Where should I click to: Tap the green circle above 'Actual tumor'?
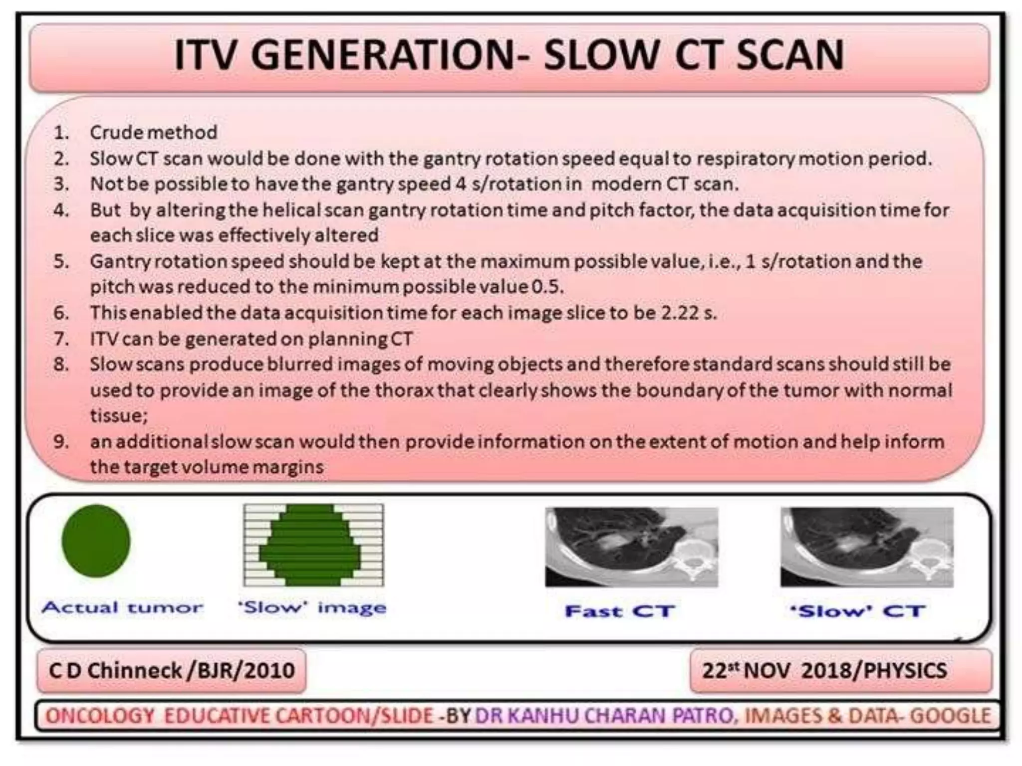pyautogui.click(x=96, y=541)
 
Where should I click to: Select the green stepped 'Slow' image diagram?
pyautogui.click(x=313, y=545)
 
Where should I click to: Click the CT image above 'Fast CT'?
pyautogui.click(x=631, y=547)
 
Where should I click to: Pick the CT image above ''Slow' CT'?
pyautogui.click(x=867, y=547)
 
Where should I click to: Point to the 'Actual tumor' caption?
pyautogui.click(x=123, y=607)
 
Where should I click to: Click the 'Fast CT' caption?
pyautogui.click(x=620, y=611)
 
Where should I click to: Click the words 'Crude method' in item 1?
pyautogui.click(x=153, y=133)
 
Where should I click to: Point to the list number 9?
pyautogui.click(x=61, y=442)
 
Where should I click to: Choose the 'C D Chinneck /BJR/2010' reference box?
pyautogui.click(x=171, y=671)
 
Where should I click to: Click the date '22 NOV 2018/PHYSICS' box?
pyautogui.click(x=841, y=671)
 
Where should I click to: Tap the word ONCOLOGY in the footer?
pyautogui.click(x=100, y=716)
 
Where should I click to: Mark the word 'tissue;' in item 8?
pyautogui.click(x=119, y=415)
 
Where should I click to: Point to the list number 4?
pyautogui.click(x=61, y=210)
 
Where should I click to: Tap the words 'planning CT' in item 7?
pyautogui.click(x=360, y=339)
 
